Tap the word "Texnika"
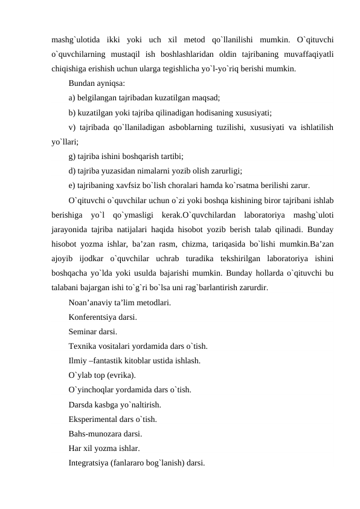pos(83,346)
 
